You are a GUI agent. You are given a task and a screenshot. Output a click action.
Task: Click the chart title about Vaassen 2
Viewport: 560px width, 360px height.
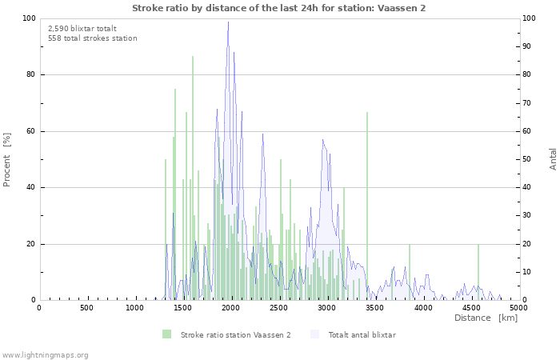[278, 7]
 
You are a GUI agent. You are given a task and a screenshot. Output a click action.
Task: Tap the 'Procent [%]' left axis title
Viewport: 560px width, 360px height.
[7, 159]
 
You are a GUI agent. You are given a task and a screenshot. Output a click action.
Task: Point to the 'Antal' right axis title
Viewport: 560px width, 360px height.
[553, 158]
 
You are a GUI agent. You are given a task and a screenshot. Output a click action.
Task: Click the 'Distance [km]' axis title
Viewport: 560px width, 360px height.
[486, 318]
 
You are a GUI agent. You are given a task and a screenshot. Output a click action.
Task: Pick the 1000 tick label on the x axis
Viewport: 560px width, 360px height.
[134, 308]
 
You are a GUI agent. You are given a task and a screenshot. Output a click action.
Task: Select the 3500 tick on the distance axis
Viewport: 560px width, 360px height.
[374, 308]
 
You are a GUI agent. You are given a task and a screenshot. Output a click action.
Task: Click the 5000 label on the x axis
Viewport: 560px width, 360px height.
[518, 308]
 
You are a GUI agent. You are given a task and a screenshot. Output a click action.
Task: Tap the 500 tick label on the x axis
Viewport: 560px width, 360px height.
[86, 308]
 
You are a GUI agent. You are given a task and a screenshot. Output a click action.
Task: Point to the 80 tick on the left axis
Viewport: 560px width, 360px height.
[30, 75]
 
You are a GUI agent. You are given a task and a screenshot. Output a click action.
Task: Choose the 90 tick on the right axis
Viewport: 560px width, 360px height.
[528, 46]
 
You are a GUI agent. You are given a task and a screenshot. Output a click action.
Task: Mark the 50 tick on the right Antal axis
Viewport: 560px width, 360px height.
[528, 159]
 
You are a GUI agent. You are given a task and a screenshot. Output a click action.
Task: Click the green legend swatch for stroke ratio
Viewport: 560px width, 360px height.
[166, 334]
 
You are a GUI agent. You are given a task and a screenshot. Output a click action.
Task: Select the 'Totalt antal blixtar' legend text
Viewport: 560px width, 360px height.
[362, 334]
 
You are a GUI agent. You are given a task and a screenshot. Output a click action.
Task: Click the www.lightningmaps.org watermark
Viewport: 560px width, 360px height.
[45, 354]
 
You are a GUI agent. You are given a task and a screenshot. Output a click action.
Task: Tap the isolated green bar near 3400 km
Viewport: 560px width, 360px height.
[367, 206]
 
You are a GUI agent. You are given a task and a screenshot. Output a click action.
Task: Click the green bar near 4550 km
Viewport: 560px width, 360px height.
[478, 272]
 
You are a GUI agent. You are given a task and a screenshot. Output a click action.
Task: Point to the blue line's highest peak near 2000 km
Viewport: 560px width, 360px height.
[228, 22]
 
